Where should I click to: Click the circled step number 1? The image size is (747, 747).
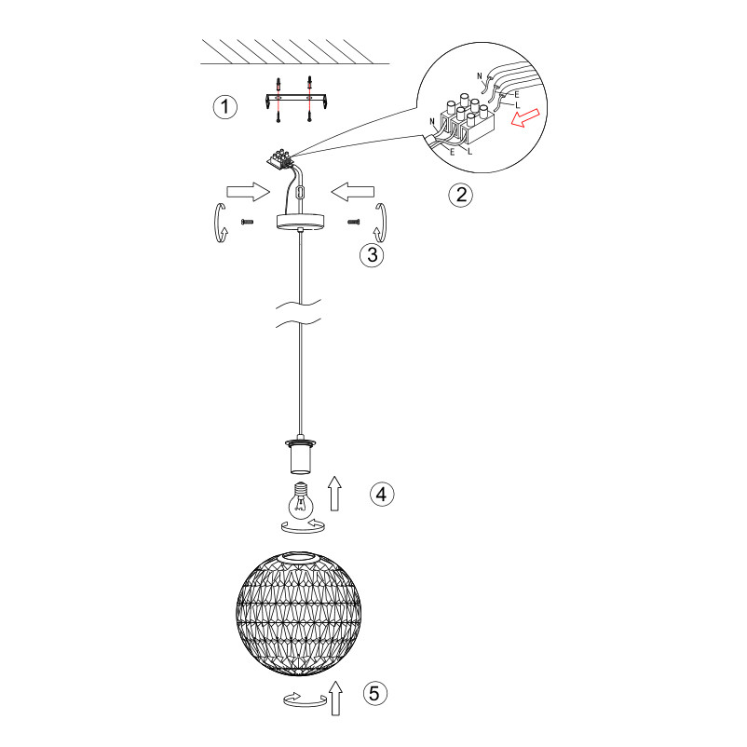coord(224,107)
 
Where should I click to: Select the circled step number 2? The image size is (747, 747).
coord(461,195)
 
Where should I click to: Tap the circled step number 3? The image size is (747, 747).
coord(372,254)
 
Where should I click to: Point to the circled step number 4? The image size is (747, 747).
coord(382,494)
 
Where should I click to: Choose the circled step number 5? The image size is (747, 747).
coord(375,693)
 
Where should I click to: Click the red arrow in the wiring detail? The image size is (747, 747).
coord(525,117)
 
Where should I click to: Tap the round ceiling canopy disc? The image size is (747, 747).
coord(300,222)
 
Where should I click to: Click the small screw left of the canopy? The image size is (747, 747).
coord(247,222)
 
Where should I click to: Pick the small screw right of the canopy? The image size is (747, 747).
coord(354,222)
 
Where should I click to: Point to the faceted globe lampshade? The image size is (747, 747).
coord(299,614)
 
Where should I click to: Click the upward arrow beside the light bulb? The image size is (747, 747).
coord(335,493)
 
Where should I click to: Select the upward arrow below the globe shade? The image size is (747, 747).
coord(336,698)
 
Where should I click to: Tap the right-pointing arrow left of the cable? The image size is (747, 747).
coord(248,192)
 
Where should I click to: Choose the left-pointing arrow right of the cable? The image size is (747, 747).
coord(352,192)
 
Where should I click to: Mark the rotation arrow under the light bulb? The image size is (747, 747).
coord(303,526)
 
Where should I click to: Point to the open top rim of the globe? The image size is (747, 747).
coord(299,558)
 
